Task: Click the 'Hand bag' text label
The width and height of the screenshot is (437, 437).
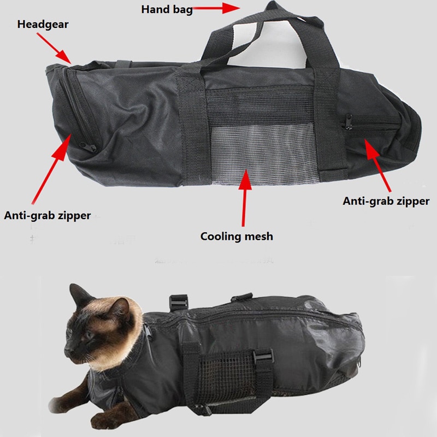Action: pos(167,9)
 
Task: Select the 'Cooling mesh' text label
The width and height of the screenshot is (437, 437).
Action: pos(236,237)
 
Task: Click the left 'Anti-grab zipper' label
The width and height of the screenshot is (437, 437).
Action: pos(47,215)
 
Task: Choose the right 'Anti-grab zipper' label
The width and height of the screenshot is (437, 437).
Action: pos(386,201)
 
